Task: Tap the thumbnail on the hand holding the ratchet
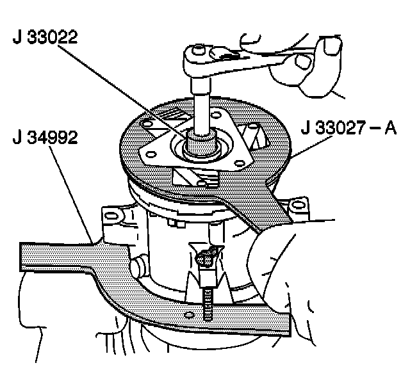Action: [332, 45]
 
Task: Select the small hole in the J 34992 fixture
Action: [190, 315]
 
